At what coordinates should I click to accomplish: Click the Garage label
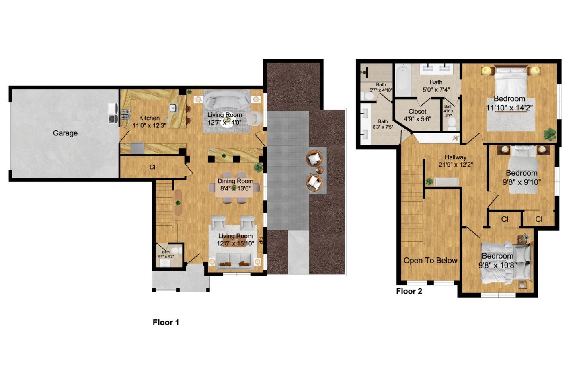click(65, 133)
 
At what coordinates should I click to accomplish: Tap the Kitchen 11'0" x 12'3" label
click(149, 121)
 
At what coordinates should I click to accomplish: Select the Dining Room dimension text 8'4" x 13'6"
click(235, 188)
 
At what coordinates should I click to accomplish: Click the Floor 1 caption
click(166, 322)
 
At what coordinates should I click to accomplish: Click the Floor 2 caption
click(409, 291)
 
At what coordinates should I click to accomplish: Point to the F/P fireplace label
click(260, 241)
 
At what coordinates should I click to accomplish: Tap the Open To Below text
click(430, 261)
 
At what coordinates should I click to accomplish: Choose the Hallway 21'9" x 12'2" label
click(455, 161)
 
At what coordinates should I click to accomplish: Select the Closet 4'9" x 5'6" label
click(417, 115)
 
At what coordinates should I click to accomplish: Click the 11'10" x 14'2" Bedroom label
click(509, 103)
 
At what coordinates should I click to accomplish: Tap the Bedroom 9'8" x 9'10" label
click(522, 177)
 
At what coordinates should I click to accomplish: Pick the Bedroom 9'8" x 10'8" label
click(497, 260)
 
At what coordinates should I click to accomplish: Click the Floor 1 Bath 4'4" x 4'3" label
click(166, 254)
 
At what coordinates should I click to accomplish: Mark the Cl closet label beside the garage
click(152, 167)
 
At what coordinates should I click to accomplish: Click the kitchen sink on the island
click(173, 107)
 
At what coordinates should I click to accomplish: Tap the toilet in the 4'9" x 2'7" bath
click(451, 122)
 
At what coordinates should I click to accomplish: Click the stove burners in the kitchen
click(125, 114)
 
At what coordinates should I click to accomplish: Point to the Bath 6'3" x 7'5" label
click(382, 124)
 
